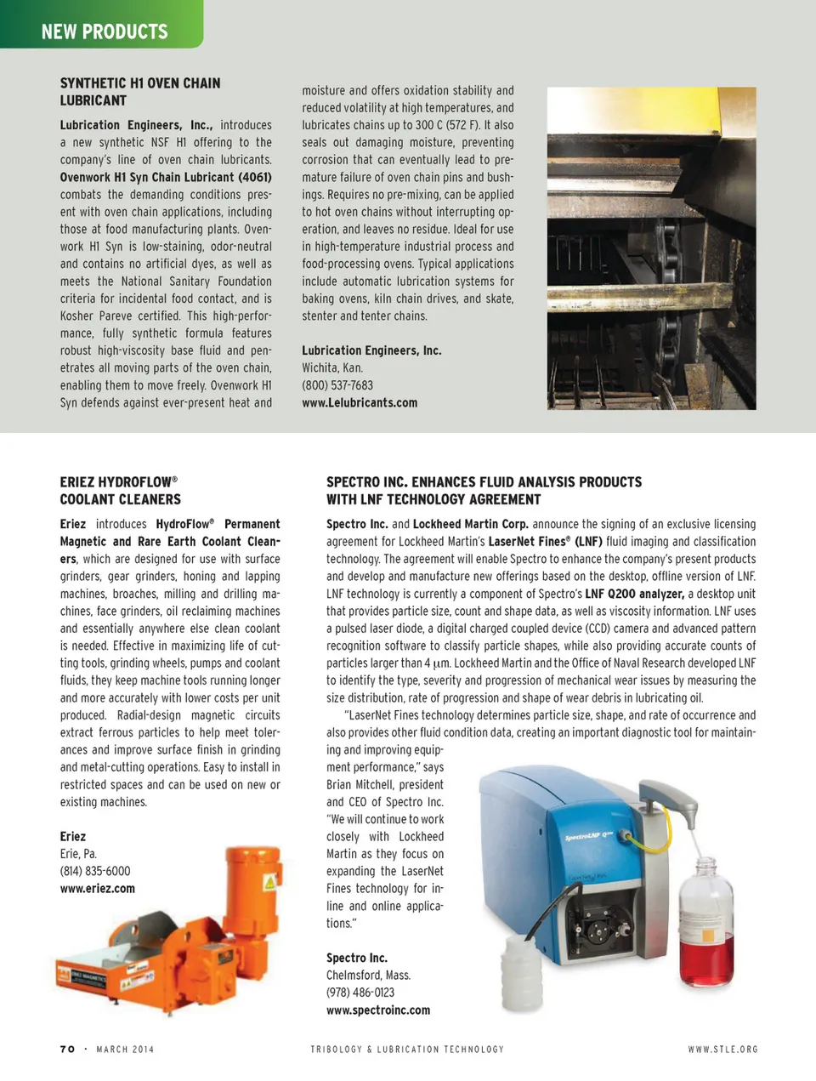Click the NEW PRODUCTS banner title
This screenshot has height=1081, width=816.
[x=105, y=31]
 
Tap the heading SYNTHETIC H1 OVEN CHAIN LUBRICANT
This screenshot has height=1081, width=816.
[x=139, y=91]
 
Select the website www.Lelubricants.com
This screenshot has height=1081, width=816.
[x=360, y=402]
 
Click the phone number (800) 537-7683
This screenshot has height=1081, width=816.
[x=337, y=385]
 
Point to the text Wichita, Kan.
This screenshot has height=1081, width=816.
[x=332, y=367]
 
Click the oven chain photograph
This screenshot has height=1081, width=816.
[x=651, y=248]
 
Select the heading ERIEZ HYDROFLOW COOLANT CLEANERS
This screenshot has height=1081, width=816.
[x=120, y=491]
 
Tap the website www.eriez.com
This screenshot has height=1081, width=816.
[x=97, y=888]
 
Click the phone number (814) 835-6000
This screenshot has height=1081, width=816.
[x=95, y=871]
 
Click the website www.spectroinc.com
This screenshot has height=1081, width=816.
[x=378, y=1010]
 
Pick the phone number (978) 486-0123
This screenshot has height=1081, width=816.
[x=360, y=993]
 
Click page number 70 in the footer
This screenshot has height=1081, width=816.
[x=68, y=1050]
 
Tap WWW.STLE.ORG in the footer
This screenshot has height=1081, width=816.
[x=722, y=1050]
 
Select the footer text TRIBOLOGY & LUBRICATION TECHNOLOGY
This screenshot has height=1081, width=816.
[x=407, y=1050]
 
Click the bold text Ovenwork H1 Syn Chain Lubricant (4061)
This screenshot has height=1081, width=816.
[x=166, y=177]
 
